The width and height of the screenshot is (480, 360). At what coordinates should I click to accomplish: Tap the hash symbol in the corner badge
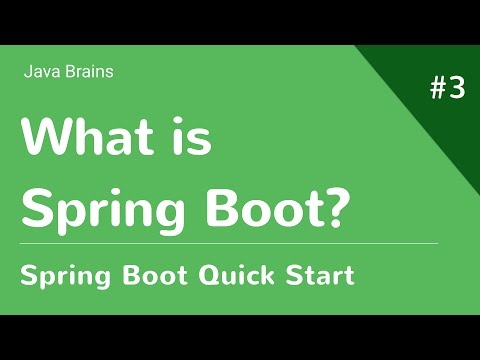[x=438, y=89]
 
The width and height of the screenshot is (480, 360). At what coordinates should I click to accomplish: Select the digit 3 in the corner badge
[x=457, y=89]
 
